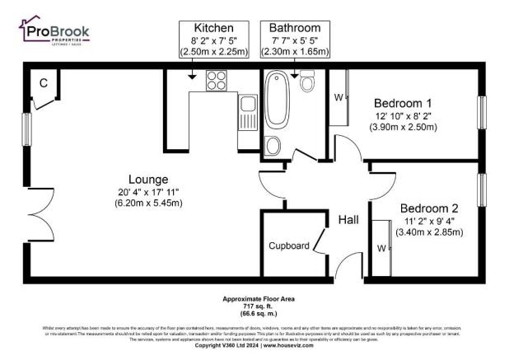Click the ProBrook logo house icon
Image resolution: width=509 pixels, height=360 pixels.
pos(30,30)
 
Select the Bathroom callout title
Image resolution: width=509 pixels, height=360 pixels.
pos(294,27)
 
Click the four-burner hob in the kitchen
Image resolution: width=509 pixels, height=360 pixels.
pos(217,81)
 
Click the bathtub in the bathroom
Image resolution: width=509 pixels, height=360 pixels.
pos(274,102)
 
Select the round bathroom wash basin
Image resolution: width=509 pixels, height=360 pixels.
pos(273,146)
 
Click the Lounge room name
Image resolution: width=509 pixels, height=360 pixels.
pos(148,179)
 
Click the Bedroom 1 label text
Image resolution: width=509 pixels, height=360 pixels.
pos(403,103)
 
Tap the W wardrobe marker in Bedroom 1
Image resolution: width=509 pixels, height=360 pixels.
pos(339,97)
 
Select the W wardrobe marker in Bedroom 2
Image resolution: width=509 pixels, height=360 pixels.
pos(381,247)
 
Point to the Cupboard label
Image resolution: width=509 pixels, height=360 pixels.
pos(288,245)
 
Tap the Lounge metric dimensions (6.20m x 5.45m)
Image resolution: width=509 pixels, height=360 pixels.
pos(148,205)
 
